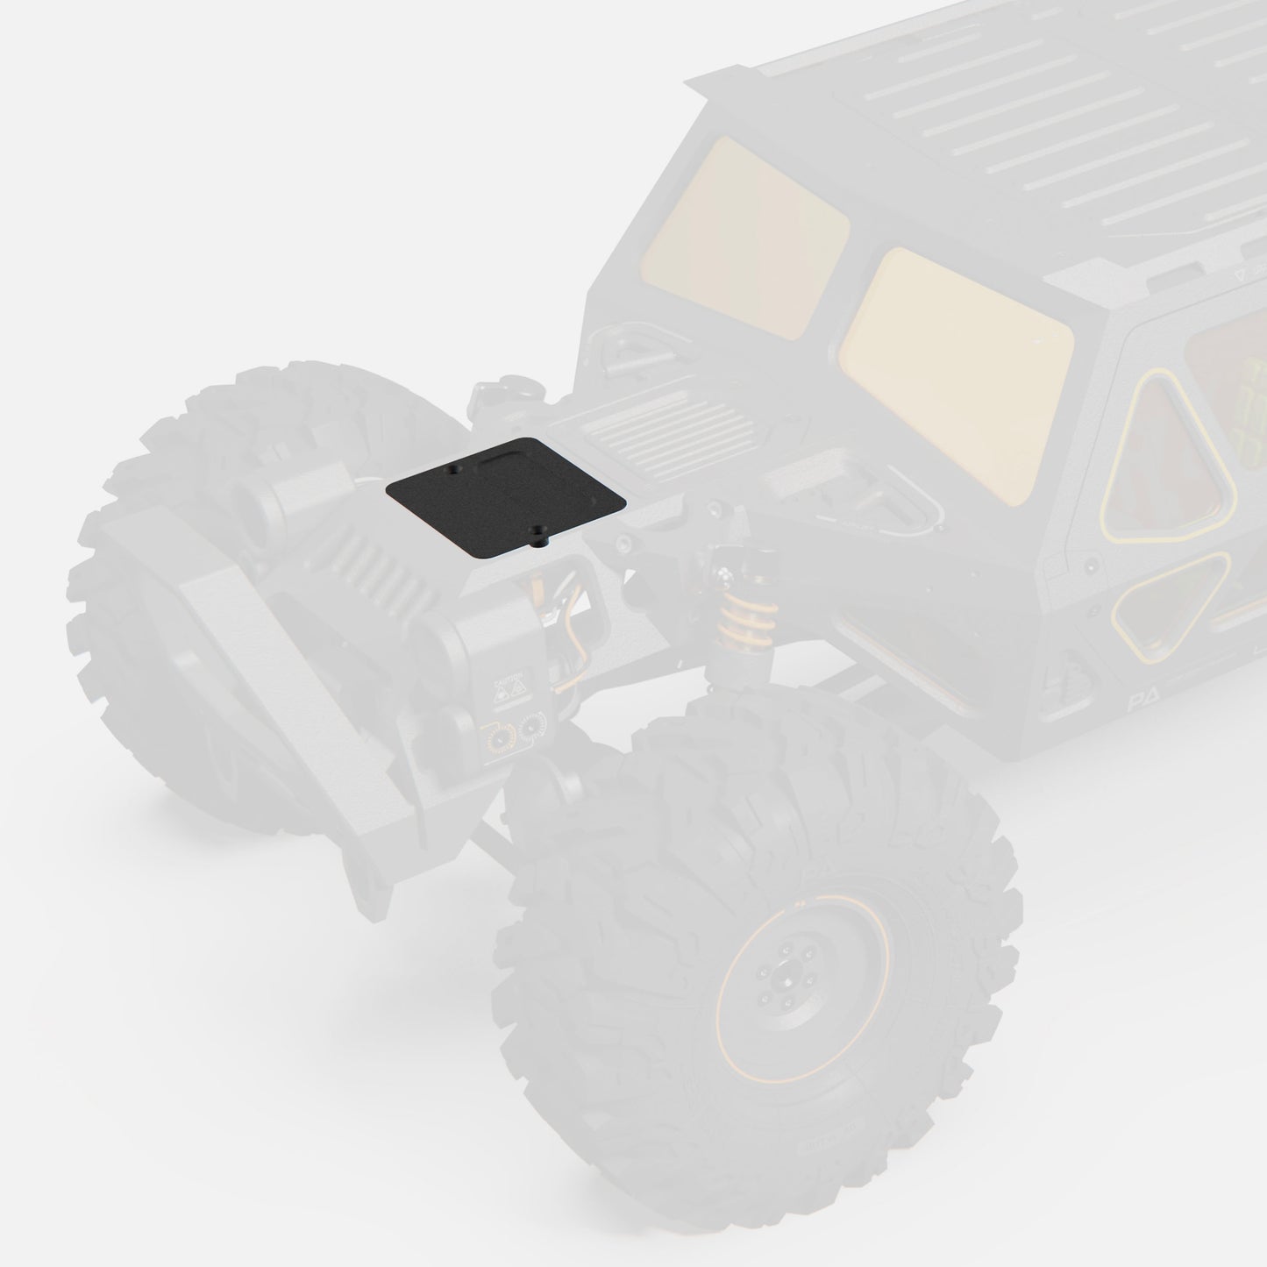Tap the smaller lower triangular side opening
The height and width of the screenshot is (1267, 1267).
coord(1166,605)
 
